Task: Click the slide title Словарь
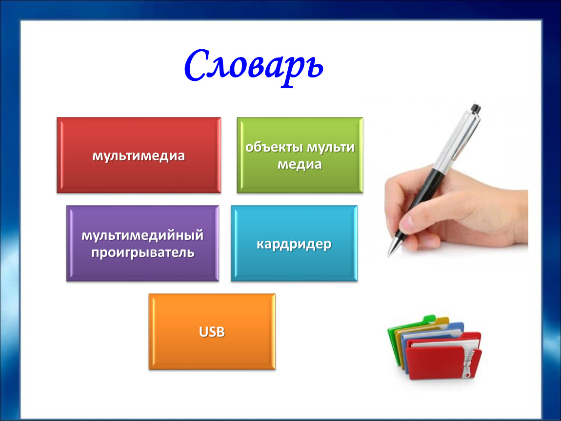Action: (x=254, y=68)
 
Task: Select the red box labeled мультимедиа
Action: (x=139, y=155)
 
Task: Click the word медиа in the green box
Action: (x=300, y=164)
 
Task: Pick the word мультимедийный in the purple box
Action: (x=142, y=235)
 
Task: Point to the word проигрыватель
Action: (x=143, y=253)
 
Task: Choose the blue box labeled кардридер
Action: (x=294, y=243)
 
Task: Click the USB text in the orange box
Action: (x=212, y=332)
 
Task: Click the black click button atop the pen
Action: (x=476, y=108)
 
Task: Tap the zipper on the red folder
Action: (x=467, y=363)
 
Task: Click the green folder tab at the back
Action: (x=428, y=319)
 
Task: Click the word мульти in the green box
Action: (x=331, y=147)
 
